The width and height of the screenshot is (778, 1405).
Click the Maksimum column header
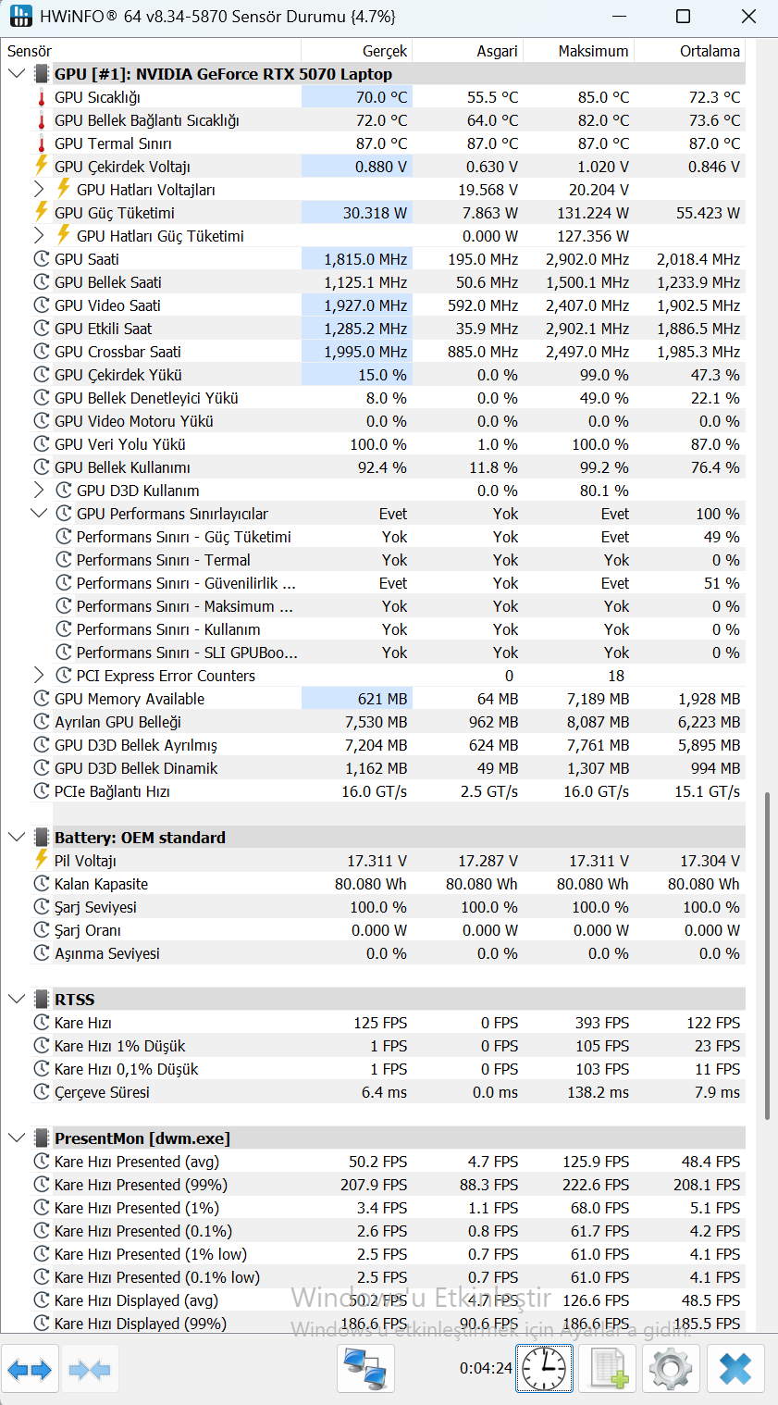tap(593, 51)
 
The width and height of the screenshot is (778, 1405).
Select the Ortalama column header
tap(710, 51)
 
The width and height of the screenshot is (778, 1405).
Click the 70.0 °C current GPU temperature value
tap(381, 97)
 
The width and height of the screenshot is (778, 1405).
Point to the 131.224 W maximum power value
tap(593, 213)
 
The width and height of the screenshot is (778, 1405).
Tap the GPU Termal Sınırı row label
tap(113, 143)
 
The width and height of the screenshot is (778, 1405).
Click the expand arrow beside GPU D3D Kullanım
tap(39, 490)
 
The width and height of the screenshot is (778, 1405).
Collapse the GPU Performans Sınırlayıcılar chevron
tap(39, 514)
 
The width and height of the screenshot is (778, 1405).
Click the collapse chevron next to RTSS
tap(17, 1000)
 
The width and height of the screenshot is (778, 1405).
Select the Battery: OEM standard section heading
tap(140, 838)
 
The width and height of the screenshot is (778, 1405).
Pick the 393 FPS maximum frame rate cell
tap(602, 1023)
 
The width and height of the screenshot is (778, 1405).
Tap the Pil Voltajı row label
tap(85, 861)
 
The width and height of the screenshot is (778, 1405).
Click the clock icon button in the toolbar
tap(544, 1368)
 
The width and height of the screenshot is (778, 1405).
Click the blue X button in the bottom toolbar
tap(735, 1368)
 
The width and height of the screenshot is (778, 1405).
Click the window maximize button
tap(684, 17)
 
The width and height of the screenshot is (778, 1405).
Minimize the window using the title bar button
tap(620, 17)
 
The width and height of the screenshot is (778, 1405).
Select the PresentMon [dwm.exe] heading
tap(142, 1138)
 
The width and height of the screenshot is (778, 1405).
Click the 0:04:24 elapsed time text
tap(486, 1368)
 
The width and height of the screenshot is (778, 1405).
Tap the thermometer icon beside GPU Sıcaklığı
tap(42, 98)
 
